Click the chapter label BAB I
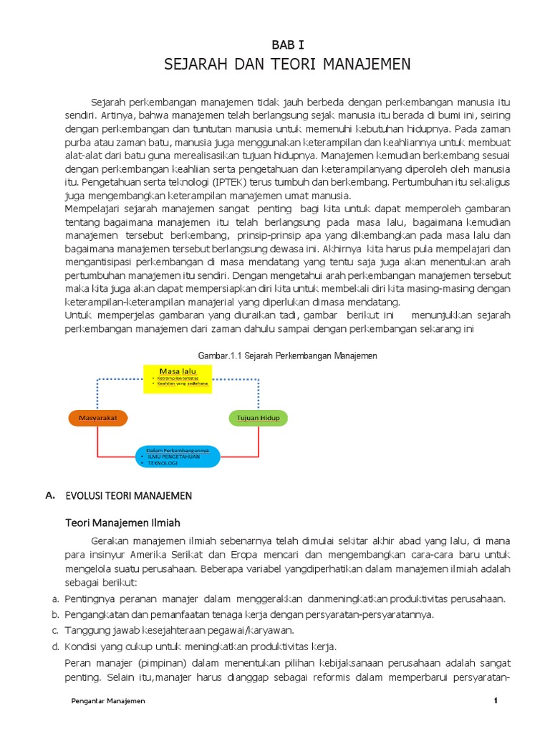(x=286, y=45)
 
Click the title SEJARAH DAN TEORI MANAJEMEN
(x=286, y=65)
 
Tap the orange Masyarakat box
(x=97, y=417)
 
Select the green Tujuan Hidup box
(x=258, y=417)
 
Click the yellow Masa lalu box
(x=178, y=378)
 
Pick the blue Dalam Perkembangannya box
(x=178, y=457)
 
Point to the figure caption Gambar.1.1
(x=286, y=356)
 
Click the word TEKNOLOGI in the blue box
(x=163, y=464)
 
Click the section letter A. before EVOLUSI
(x=49, y=495)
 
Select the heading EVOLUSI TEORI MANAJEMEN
(x=129, y=495)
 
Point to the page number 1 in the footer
(x=495, y=701)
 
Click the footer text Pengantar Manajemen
(x=108, y=701)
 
